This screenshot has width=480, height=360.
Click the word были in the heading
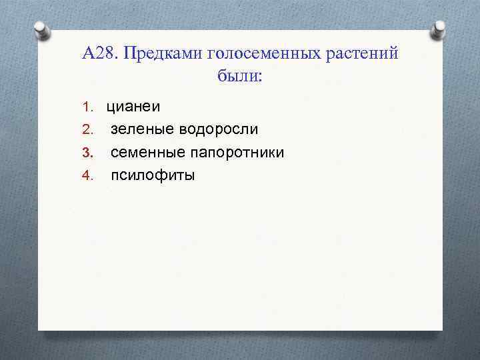(x=237, y=76)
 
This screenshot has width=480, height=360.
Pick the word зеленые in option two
(x=139, y=129)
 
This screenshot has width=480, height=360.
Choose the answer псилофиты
(x=153, y=175)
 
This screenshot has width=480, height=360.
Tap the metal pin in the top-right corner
(x=439, y=29)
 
